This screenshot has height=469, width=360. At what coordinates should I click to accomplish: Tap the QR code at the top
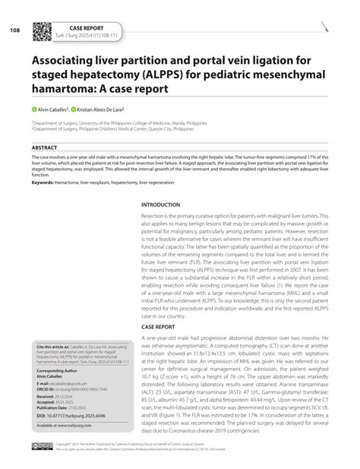click(41, 30)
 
